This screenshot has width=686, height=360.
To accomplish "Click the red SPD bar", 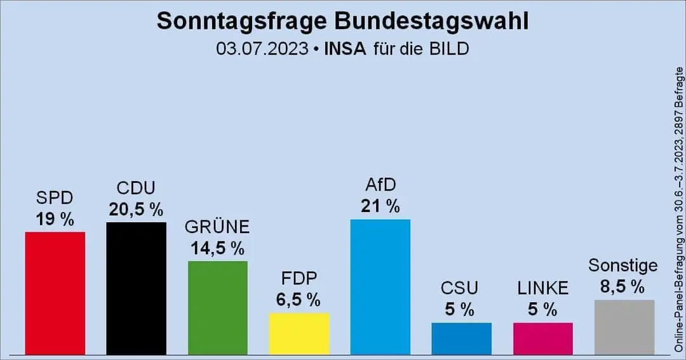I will point(55,293).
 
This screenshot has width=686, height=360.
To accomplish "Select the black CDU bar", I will point(136,288).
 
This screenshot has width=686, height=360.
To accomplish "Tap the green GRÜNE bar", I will point(218,307).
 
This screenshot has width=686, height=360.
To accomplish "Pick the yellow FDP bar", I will point(299,333).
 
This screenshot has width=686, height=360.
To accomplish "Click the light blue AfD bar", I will point(380,286).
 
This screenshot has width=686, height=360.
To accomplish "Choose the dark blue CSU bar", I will point(462,338).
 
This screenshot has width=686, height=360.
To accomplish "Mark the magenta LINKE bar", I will point(543,338).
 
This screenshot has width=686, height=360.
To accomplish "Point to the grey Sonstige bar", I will point(624,327).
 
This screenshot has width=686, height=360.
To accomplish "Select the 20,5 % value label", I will point(136,210).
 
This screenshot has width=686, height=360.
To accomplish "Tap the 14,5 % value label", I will point(218,248).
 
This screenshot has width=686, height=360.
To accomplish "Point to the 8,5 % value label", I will point(622,287).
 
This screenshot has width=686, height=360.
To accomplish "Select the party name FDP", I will point(299,279).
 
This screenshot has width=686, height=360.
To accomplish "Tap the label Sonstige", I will point(622,265).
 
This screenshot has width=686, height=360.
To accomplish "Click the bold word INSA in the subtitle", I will point(345,49).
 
